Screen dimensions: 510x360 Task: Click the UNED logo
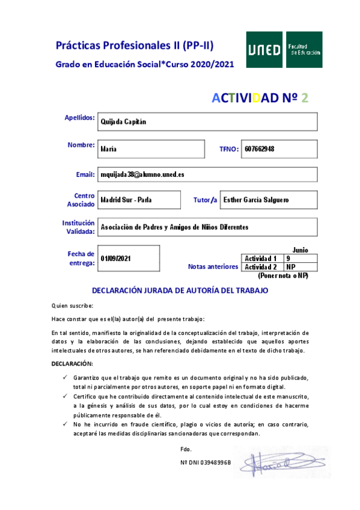click(x=284, y=51)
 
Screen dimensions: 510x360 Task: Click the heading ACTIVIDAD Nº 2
click(x=260, y=98)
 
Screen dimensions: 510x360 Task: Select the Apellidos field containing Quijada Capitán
click(x=208, y=121)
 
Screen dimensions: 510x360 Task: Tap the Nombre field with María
click(x=156, y=148)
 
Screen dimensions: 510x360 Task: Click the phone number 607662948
click(x=260, y=148)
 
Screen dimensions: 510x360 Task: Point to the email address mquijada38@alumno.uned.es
click(x=142, y=174)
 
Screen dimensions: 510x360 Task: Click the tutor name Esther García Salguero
click(x=255, y=200)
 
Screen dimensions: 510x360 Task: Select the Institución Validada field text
click(x=174, y=227)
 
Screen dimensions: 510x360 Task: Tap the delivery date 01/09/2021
click(x=116, y=258)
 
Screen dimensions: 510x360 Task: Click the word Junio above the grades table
click(x=300, y=249)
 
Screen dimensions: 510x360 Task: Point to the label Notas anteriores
click(x=213, y=266)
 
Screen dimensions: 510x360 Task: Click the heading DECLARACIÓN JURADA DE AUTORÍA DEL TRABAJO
click(x=180, y=290)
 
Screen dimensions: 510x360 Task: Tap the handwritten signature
click(x=274, y=462)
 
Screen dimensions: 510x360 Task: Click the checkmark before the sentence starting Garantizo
click(x=66, y=377)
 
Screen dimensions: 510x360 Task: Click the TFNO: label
click(x=229, y=149)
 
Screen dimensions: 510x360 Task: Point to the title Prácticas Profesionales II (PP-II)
click(x=135, y=45)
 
